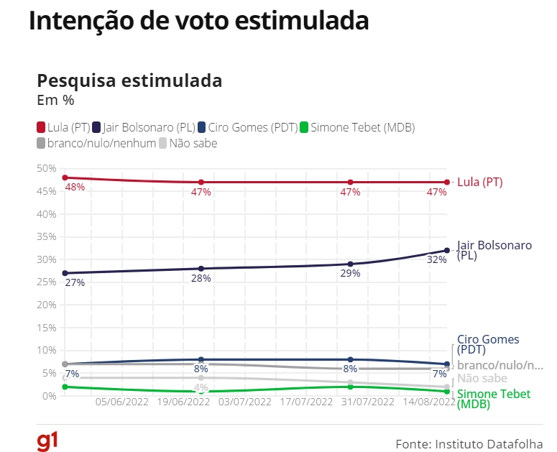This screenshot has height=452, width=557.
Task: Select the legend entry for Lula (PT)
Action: tap(63, 127)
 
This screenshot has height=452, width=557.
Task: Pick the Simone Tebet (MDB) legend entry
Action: tap(357, 127)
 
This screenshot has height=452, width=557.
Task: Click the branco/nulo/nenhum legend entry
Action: tap(96, 143)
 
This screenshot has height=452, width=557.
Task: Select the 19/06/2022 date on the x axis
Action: tap(183, 402)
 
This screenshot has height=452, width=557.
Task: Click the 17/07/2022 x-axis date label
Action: tap(307, 402)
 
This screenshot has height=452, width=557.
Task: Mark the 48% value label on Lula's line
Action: tap(75, 187)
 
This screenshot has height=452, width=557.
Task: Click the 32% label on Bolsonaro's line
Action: tap(437, 259)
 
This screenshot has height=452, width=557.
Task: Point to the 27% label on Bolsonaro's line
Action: tap(75, 282)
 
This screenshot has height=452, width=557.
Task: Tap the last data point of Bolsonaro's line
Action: tap(447, 250)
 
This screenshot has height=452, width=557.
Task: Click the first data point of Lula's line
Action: tap(65, 177)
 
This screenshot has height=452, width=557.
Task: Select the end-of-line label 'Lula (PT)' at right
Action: tap(479, 183)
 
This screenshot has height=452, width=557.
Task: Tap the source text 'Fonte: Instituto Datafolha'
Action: tap(469, 443)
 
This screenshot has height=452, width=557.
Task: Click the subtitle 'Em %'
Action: tap(55, 100)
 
